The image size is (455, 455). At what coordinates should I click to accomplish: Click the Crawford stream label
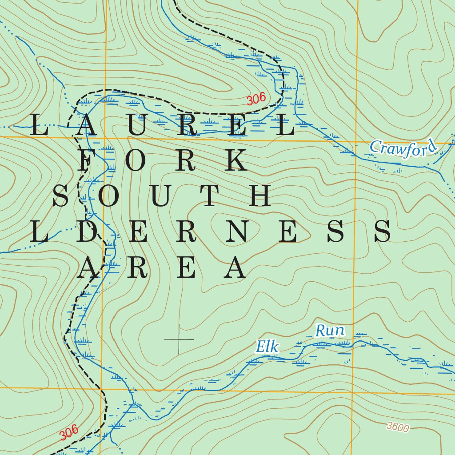(x=403, y=149)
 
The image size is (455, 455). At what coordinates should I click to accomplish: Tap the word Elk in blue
(x=267, y=347)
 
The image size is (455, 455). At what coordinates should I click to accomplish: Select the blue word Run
(x=330, y=331)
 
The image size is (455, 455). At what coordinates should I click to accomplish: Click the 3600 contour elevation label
(x=397, y=427)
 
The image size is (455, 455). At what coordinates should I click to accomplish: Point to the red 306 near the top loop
(x=256, y=100)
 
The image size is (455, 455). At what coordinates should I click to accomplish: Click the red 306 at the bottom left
(x=69, y=433)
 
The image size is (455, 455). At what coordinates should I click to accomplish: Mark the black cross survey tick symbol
(x=179, y=339)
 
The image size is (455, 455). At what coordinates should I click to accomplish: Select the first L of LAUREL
(x=39, y=125)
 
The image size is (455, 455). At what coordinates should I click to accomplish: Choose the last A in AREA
(x=235, y=268)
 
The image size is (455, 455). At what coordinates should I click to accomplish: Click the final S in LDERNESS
(x=382, y=231)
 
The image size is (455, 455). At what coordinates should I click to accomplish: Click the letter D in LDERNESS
(x=86, y=231)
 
